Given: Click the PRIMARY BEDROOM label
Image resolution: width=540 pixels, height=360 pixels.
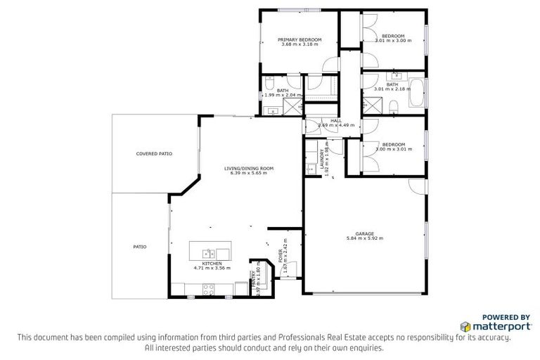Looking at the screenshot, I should [300, 39].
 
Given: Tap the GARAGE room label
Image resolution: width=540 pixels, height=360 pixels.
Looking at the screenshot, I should [364, 233].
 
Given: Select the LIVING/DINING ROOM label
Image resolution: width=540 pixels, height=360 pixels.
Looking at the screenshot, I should [249, 169].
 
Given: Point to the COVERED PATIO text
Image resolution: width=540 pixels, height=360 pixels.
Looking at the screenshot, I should [154, 153].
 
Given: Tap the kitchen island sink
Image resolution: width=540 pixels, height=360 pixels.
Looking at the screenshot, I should [209, 252].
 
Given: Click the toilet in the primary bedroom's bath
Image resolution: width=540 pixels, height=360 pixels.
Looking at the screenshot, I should [270, 86].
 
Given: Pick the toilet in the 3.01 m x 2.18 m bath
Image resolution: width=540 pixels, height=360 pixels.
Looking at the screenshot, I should [394, 106].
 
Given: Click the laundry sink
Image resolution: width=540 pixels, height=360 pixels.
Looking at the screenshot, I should [310, 168].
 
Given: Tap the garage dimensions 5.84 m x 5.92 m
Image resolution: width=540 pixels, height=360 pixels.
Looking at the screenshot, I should [364, 239].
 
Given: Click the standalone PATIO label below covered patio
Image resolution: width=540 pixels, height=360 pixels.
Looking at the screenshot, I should [139, 247].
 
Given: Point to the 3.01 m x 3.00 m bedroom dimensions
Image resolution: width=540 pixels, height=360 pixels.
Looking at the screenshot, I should [393, 41].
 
